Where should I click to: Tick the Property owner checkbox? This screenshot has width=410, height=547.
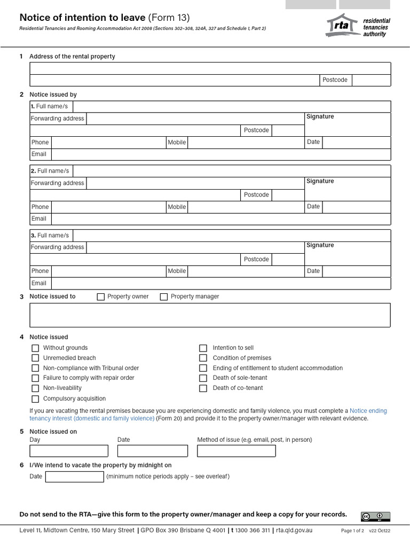(100, 297)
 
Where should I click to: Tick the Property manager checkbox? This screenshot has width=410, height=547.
(164, 297)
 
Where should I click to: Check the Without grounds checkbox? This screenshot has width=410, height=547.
(35, 348)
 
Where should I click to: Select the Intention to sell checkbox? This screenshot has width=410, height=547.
(203, 348)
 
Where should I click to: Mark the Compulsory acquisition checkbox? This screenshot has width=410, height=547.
(35, 398)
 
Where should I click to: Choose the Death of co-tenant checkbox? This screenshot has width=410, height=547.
(203, 388)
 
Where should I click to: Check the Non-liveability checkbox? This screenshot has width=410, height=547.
(35, 388)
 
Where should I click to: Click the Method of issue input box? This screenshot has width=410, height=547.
(236, 450)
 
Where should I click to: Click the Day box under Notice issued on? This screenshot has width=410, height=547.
(69, 450)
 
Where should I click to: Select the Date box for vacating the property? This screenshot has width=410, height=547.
(74, 476)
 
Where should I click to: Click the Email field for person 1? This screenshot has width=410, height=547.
(220, 154)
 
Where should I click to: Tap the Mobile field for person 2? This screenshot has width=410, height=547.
(245, 207)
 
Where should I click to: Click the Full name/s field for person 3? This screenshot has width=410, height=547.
(231, 236)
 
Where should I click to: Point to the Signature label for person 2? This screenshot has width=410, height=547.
(320, 181)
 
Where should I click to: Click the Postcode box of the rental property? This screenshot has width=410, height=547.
(371, 80)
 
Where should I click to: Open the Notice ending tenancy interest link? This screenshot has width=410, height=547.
(368, 411)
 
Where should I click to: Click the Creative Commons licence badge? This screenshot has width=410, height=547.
(375, 516)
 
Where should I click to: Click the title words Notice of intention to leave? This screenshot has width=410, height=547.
(82, 17)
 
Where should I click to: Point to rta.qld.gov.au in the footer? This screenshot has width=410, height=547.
(294, 530)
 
